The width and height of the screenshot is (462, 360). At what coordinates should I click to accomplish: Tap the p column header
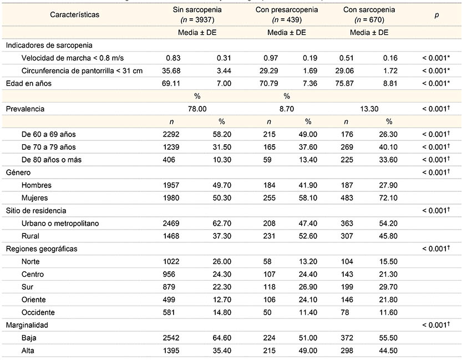click(x=436, y=14)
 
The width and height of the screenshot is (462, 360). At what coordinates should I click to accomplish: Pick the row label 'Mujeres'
click(x=35, y=198)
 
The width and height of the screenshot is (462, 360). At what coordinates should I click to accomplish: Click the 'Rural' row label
click(x=31, y=236)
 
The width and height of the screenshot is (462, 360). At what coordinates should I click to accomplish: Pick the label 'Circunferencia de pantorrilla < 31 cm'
click(x=82, y=70)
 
